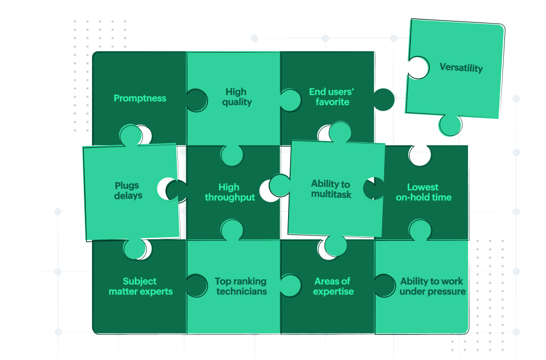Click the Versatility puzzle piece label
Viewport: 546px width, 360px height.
[x=461, y=68]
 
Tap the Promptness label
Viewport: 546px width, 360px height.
[x=140, y=98]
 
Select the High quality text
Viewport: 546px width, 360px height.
[x=236, y=97]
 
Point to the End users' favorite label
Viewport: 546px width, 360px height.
[x=332, y=97]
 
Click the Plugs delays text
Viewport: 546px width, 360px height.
[x=128, y=190]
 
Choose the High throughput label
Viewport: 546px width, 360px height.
[x=229, y=192]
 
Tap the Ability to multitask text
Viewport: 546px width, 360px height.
[x=331, y=189]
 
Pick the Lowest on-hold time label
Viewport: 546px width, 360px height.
[x=423, y=192]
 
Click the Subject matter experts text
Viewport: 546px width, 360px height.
[x=140, y=286]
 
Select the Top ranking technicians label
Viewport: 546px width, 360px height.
[x=241, y=286]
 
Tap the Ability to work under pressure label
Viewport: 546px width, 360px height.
[x=433, y=286]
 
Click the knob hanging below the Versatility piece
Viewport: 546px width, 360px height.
[x=450, y=125]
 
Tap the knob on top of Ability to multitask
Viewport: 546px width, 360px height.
[x=340, y=132]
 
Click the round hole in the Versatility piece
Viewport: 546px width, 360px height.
[x=419, y=68]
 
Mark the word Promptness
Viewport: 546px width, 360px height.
[x=140, y=98]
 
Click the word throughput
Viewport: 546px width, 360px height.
[x=229, y=198]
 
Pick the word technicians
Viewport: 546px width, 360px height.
[x=241, y=291]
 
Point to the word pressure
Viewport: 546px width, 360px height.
[x=447, y=292]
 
